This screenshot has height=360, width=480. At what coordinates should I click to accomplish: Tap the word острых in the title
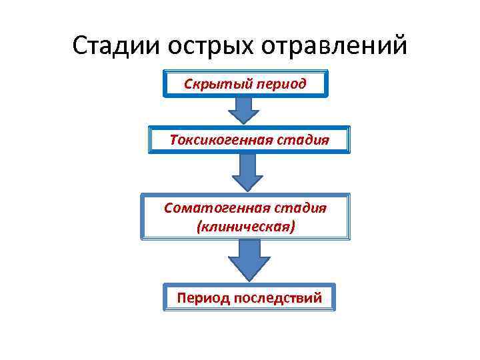207,46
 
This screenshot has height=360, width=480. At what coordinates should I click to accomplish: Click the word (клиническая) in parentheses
245,227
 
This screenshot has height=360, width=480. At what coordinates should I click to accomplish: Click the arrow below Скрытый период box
245,109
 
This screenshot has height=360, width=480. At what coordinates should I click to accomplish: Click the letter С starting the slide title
80,46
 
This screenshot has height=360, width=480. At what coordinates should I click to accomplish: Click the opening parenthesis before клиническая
199,227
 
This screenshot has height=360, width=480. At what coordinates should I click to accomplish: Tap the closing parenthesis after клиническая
292,227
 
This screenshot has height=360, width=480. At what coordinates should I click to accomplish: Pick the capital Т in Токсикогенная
174,141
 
